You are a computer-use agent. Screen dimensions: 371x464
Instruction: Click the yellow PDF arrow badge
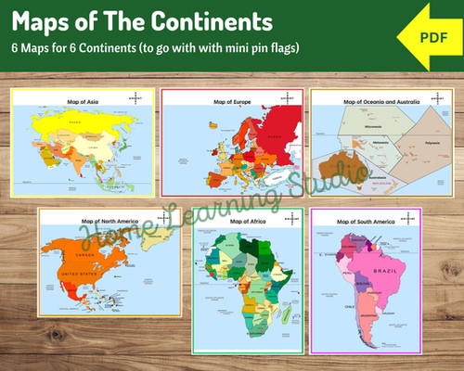(x=428, y=36)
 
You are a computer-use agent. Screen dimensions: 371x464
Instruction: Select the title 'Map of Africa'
(x=245, y=222)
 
